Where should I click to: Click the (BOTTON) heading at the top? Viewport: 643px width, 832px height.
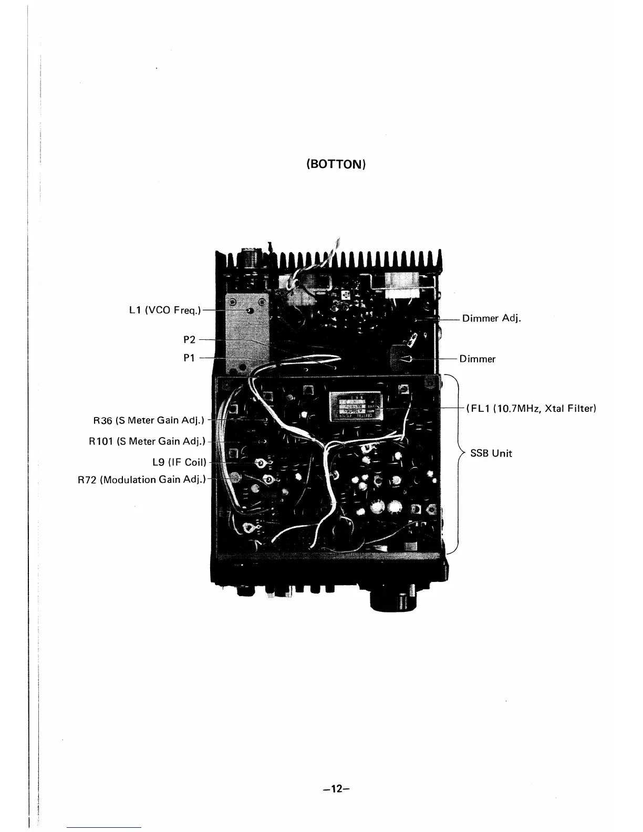336,164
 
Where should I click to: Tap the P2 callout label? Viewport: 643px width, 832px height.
189,340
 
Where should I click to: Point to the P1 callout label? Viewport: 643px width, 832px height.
189,358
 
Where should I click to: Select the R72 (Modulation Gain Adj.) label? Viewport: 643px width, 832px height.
142,480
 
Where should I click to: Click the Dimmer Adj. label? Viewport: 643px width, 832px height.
491,318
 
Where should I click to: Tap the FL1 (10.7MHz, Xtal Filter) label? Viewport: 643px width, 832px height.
531,409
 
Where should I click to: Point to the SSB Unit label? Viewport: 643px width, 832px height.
491,453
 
